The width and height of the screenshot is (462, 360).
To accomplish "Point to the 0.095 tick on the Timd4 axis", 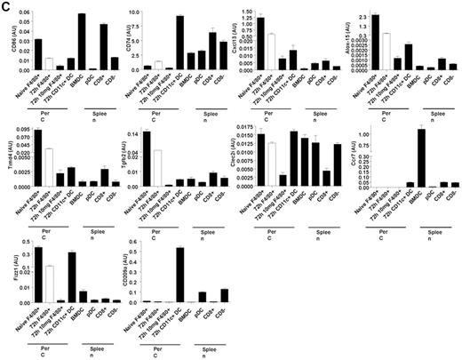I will pos(20,132).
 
